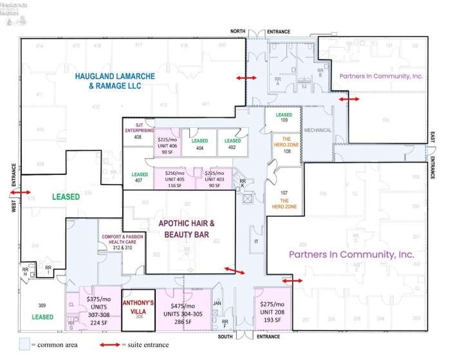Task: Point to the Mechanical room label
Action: coord(318,130)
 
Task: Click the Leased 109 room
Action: coord(284,118)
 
